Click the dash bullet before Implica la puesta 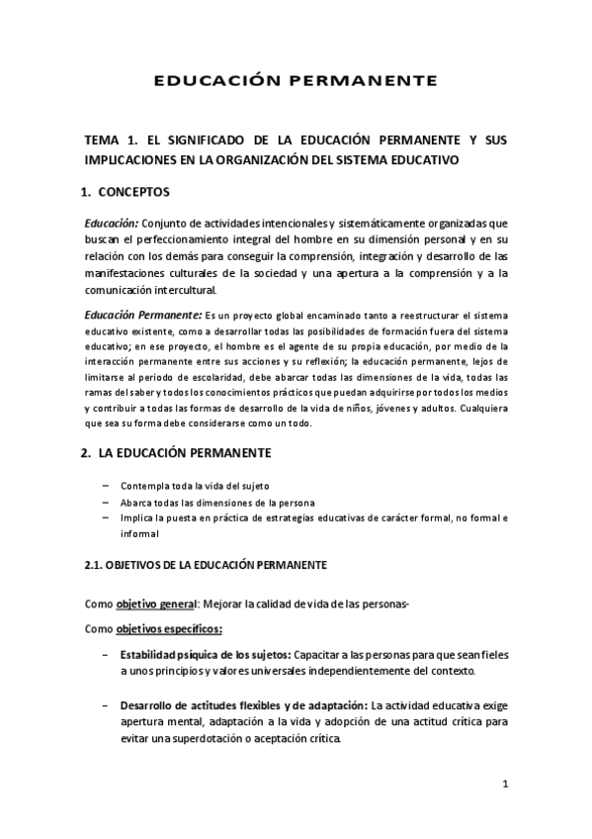click(x=107, y=517)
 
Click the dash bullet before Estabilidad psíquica click(x=106, y=655)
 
